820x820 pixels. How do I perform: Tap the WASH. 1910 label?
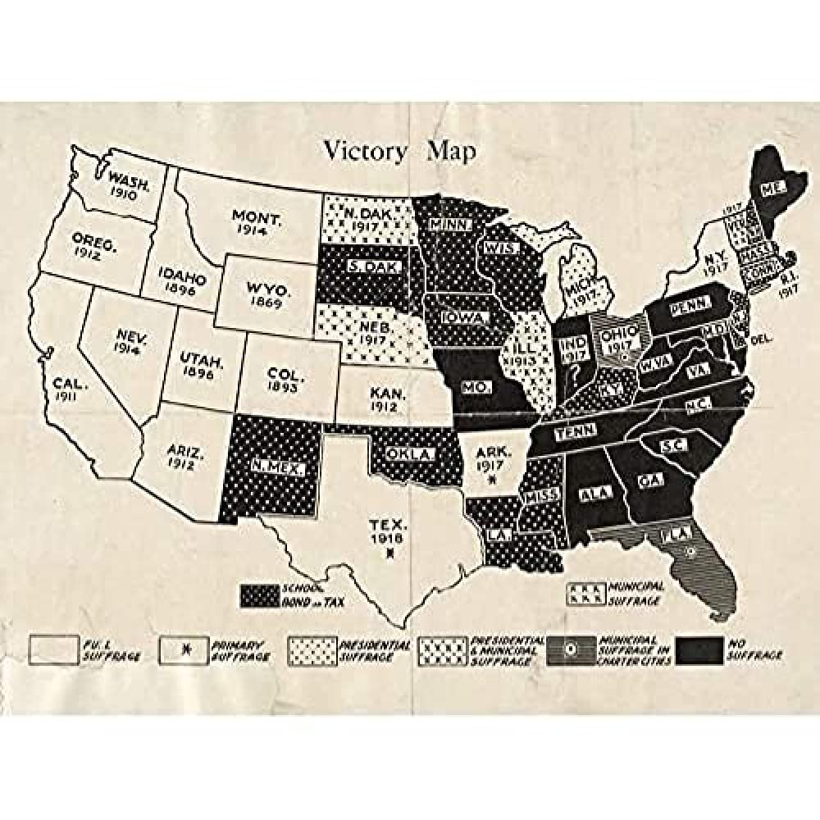tap(130, 187)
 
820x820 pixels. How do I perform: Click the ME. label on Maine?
tap(770, 188)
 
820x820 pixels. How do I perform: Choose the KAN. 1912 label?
tap(383, 399)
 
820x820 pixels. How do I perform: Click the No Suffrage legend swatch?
tap(699, 649)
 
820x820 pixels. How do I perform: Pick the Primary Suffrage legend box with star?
tap(184, 649)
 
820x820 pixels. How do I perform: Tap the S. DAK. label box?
tap(362, 266)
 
